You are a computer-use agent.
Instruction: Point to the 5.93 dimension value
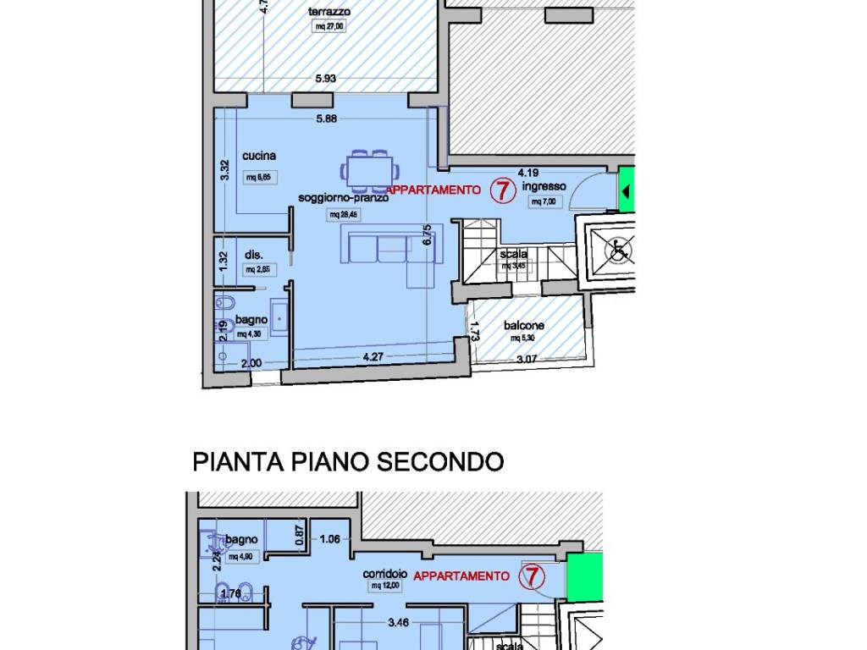(x=326, y=79)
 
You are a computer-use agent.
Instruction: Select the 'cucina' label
(x=259, y=156)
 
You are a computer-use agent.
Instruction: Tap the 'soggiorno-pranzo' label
(x=343, y=198)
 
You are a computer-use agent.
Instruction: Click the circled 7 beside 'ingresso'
(x=502, y=190)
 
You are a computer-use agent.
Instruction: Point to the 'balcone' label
(x=524, y=325)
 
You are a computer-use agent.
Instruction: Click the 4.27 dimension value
(x=373, y=356)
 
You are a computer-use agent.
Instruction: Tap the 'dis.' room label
(x=253, y=254)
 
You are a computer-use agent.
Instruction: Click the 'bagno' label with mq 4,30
(x=251, y=319)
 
